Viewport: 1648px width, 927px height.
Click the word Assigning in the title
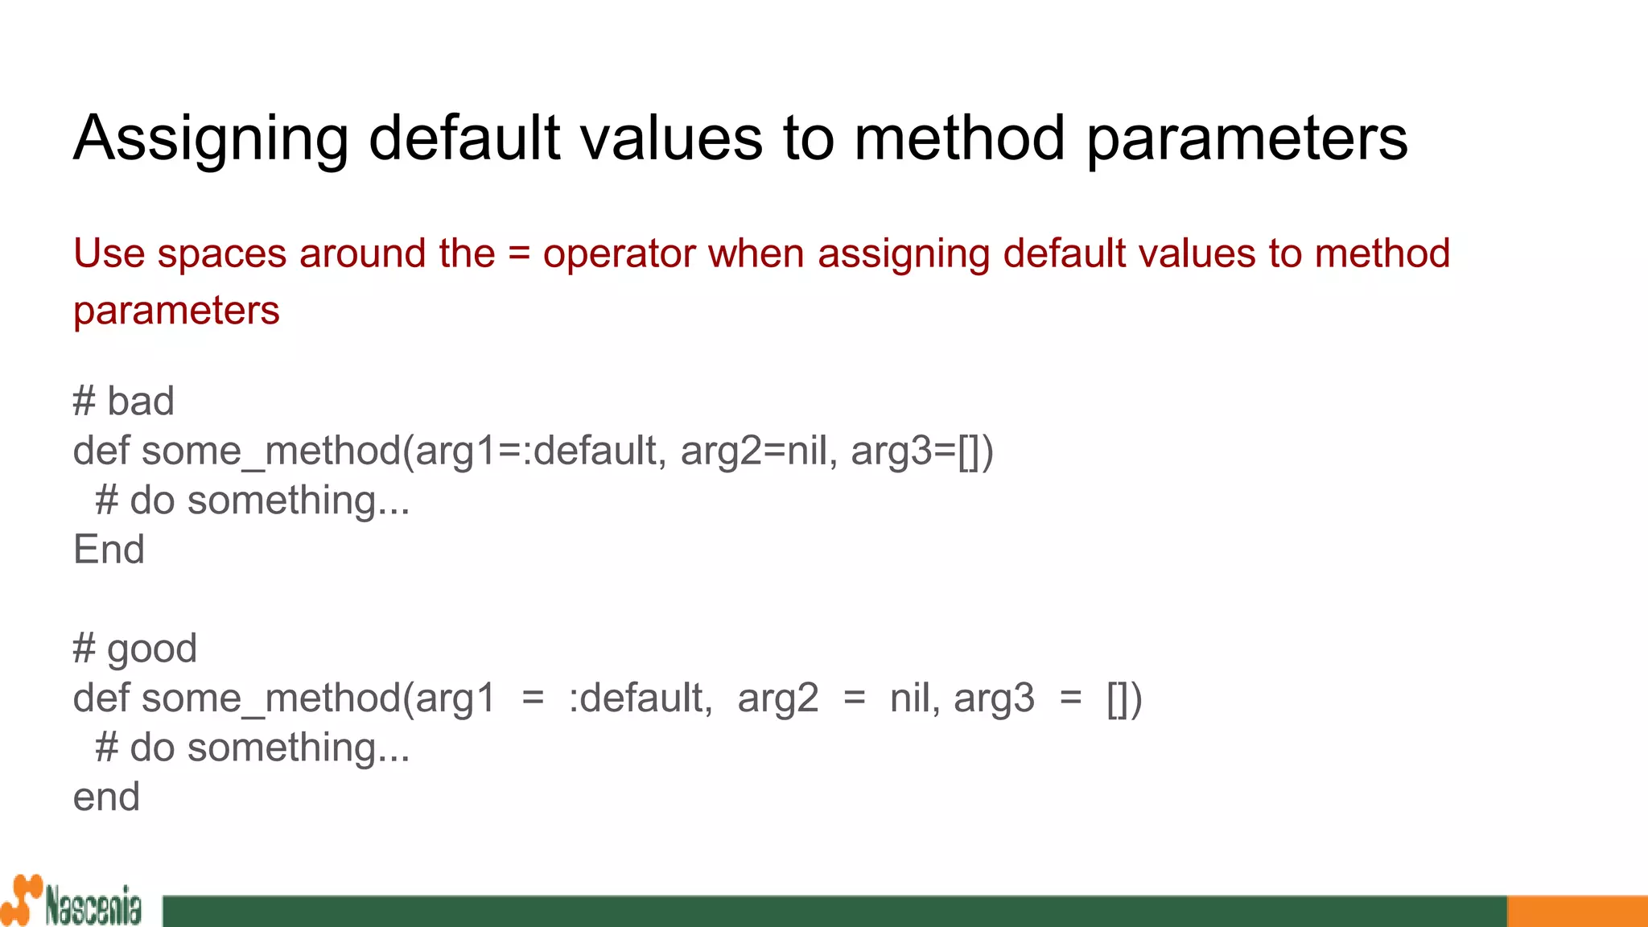click(x=211, y=138)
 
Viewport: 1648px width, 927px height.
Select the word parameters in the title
click(x=1246, y=138)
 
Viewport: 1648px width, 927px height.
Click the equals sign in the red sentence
click(x=519, y=254)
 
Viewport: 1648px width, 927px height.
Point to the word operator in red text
click(x=619, y=254)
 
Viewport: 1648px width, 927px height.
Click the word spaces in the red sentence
click(x=221, y=254)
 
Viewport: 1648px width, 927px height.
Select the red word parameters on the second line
click(x=176, y=311)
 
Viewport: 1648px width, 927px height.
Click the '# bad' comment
click(x=123, y=401)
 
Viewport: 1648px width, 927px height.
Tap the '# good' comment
click(x=134, y=649)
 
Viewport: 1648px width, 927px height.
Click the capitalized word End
click(x=109, y=550)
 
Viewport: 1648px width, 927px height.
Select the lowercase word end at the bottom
click(x=106, y=797)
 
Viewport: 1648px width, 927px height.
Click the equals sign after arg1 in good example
click(x=533, y=698)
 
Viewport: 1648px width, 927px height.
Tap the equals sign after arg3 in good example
click(x=1071, y=698)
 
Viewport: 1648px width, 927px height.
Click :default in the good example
click(x=639, y=698)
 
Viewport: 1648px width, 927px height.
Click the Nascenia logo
click(x=72, y=901)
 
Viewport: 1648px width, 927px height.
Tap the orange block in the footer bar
click(x=1576, y=911)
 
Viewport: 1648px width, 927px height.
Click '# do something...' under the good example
click(x=253, y=748)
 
